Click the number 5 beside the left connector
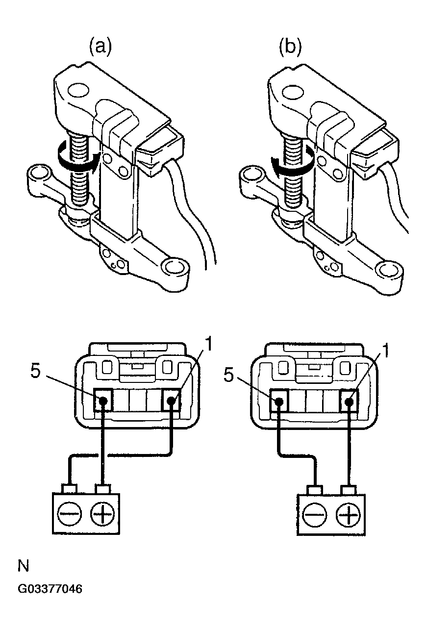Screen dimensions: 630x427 coord(35,371)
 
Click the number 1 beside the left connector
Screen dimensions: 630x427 coord(208,345)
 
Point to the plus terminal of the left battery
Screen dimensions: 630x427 coord(102,515)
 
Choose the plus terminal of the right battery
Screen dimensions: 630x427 coord(349,516)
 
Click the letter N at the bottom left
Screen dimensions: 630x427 coord(23,567)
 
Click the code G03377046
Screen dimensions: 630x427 coord(50,588)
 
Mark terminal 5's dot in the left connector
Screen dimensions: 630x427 coord(103,401)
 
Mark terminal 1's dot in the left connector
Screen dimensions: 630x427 coord(172,401)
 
